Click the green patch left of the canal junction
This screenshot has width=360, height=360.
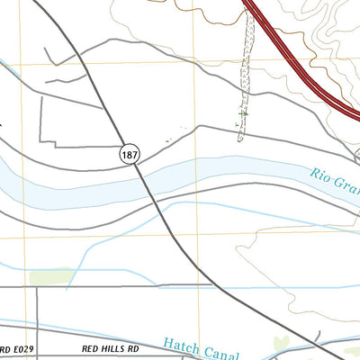[51, 276]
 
